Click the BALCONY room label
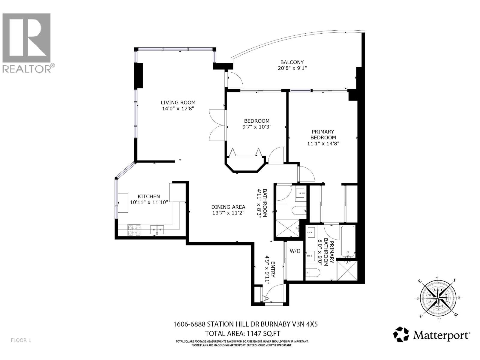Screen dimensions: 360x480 pyautogui.click(x=292, y=62)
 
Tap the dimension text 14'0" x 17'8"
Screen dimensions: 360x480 pyautogui.click(x=178, y=109)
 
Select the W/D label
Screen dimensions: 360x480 pyautogui.click(x=295, y=251)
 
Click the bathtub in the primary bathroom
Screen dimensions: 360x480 pyautogui.click(x=348, y=241)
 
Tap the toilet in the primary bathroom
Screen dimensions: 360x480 pyautogui.click(x=313, y=272)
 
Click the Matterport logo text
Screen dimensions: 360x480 pyautogui.click(x=441, y=335)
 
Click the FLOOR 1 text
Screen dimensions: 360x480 pyautogui.click(x=21, y=340)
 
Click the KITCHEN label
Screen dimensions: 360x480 pyautogui.click(x=148, y=196)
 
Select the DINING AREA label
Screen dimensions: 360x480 pyautogui.click(x=228, y=207)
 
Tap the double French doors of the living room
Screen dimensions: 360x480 pyautogui.click(x=217, y=124)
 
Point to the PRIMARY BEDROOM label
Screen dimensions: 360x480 pyautogui.click(x=323, y=134)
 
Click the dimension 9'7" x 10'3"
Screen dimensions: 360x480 pyautogui.click(x=256, y=127)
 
